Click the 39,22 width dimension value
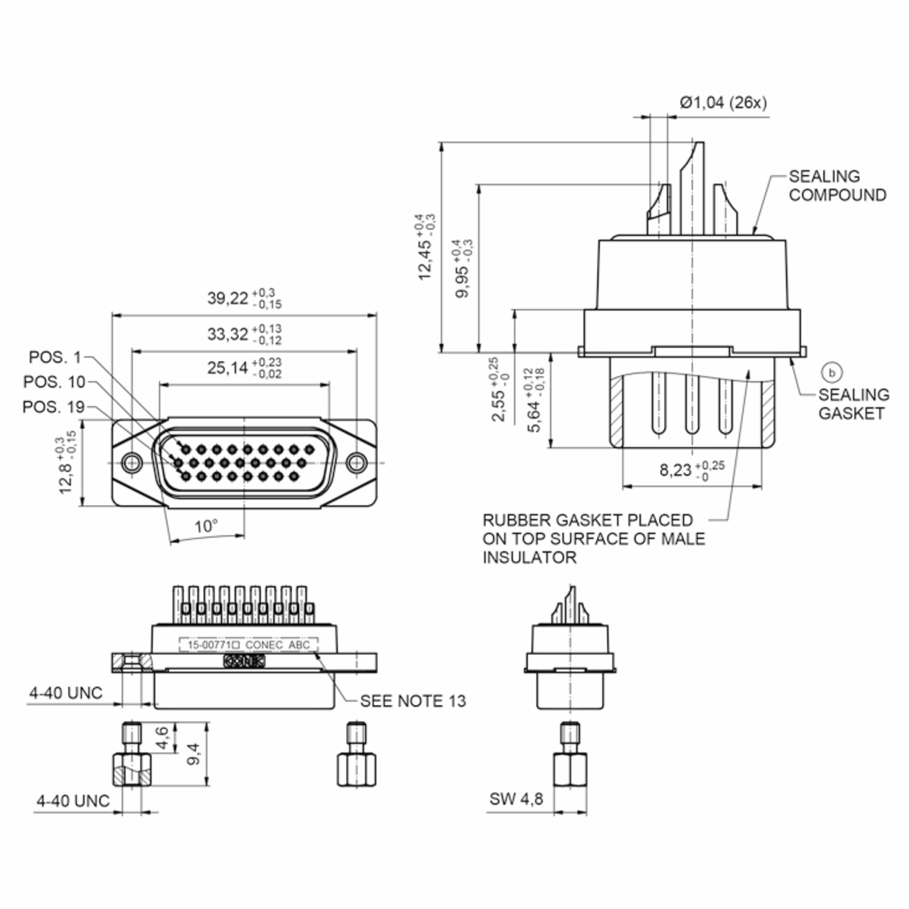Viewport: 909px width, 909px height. pos(228,298)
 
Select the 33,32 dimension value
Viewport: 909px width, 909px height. pos(228,334)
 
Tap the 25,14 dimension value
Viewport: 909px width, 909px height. pos(228,368)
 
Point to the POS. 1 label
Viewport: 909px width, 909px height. pos(55,357)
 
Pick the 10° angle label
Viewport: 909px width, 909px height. pos(206,526)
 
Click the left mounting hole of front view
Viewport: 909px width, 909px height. pos(132,462)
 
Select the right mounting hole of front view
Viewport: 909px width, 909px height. pos(357,462)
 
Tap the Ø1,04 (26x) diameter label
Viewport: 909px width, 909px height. pos(723,103)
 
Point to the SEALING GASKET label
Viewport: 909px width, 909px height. pos(853,404)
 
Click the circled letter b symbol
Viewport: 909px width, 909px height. pos(831,373)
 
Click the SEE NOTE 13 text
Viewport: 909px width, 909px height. pos(412,701)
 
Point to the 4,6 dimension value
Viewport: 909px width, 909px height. pos(162,738)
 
